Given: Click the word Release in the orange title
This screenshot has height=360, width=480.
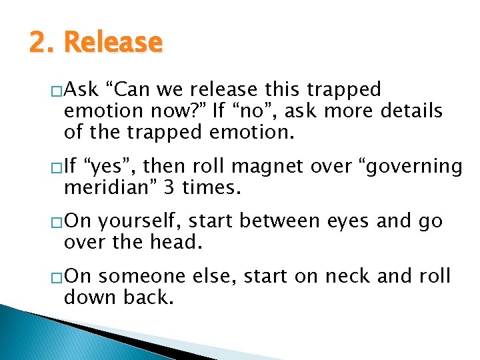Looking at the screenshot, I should pyautogui.click(x=113, y=43).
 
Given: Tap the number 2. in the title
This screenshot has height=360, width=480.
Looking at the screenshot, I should pyautogui.click(x=43, y=43).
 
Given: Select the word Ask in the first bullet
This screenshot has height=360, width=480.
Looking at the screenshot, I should pyautogui.click(x=81, y=89).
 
